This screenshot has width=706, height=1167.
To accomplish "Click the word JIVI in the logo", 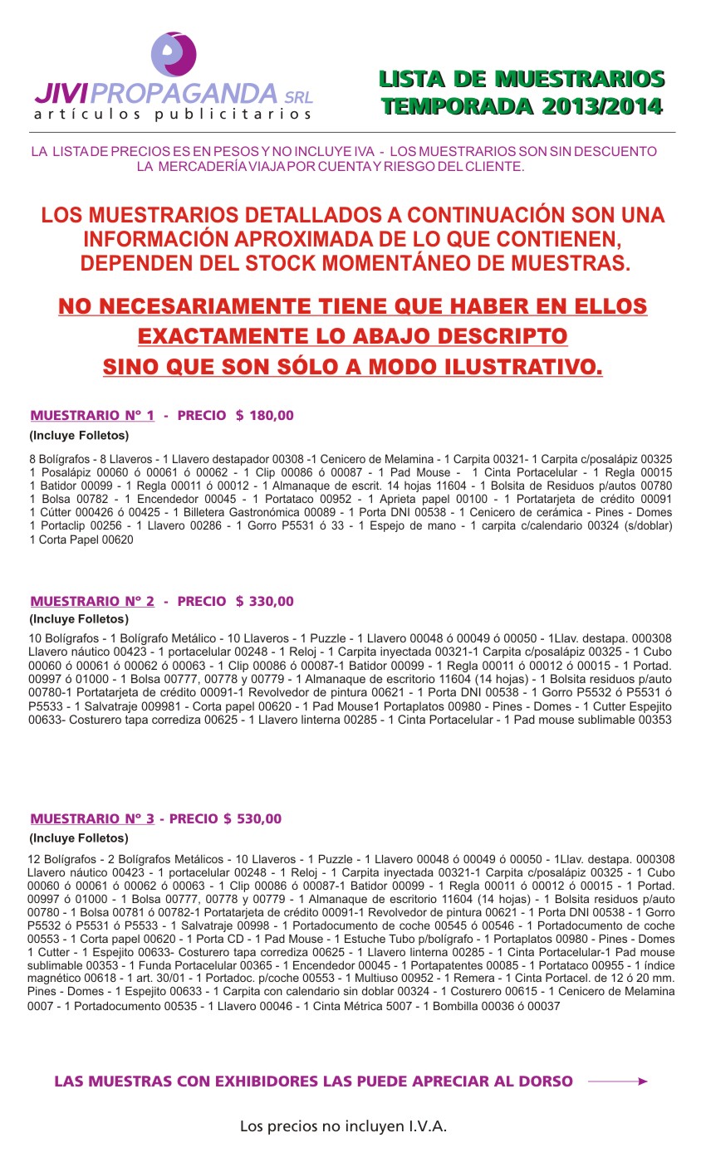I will pyautogui.click(x=65, y=92).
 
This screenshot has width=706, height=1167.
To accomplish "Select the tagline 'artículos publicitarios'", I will pyautogui.click(x=173, y=115).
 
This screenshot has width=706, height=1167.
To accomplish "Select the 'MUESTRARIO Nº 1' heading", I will pyautogui.click(x=92, y=415).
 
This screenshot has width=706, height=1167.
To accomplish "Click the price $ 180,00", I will pyautogui.click(x=264, y=415).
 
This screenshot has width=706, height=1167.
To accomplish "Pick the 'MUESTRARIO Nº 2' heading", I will pyautogui.click(x=92, y=601).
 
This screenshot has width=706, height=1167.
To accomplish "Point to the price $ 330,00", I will pyautogui.click(x=264, y=601).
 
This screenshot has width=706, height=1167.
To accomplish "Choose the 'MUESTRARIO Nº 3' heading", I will pyautogui.click(x=92, y=818).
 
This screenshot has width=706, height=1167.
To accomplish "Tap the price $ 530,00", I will pyautogui.click(x=252, y=818).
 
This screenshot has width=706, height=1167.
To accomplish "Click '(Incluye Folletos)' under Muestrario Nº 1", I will pyautogui.click(x=79, y=435).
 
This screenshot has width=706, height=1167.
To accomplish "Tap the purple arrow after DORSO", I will pyautogui.click(x=617, y=1082).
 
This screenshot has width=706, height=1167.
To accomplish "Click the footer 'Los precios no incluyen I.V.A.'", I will pyautogui.click(x=343, y=1126).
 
